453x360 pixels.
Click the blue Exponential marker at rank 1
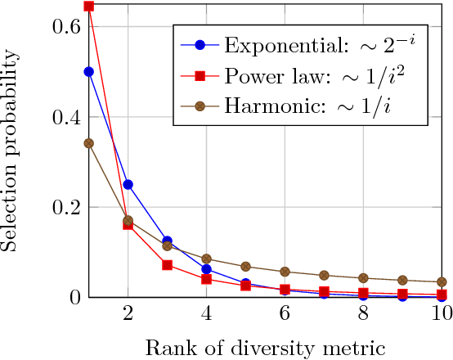point(89,71)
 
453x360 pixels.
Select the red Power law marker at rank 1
point(89,7)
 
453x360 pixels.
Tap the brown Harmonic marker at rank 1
point(89,143)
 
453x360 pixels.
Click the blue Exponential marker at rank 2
point(128,184)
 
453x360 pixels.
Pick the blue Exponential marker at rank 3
point(168,241)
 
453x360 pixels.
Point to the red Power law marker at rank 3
point(168,265)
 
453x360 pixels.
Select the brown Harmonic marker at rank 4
point(207,259)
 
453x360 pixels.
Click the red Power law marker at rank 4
point(207,279)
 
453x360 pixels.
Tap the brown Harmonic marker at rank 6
point(285,272)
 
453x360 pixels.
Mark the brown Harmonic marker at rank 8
point(364,278)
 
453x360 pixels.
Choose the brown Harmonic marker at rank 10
point(442,282)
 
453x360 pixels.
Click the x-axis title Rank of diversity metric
point(265,346)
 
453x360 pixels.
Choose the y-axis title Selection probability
point(11,151)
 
